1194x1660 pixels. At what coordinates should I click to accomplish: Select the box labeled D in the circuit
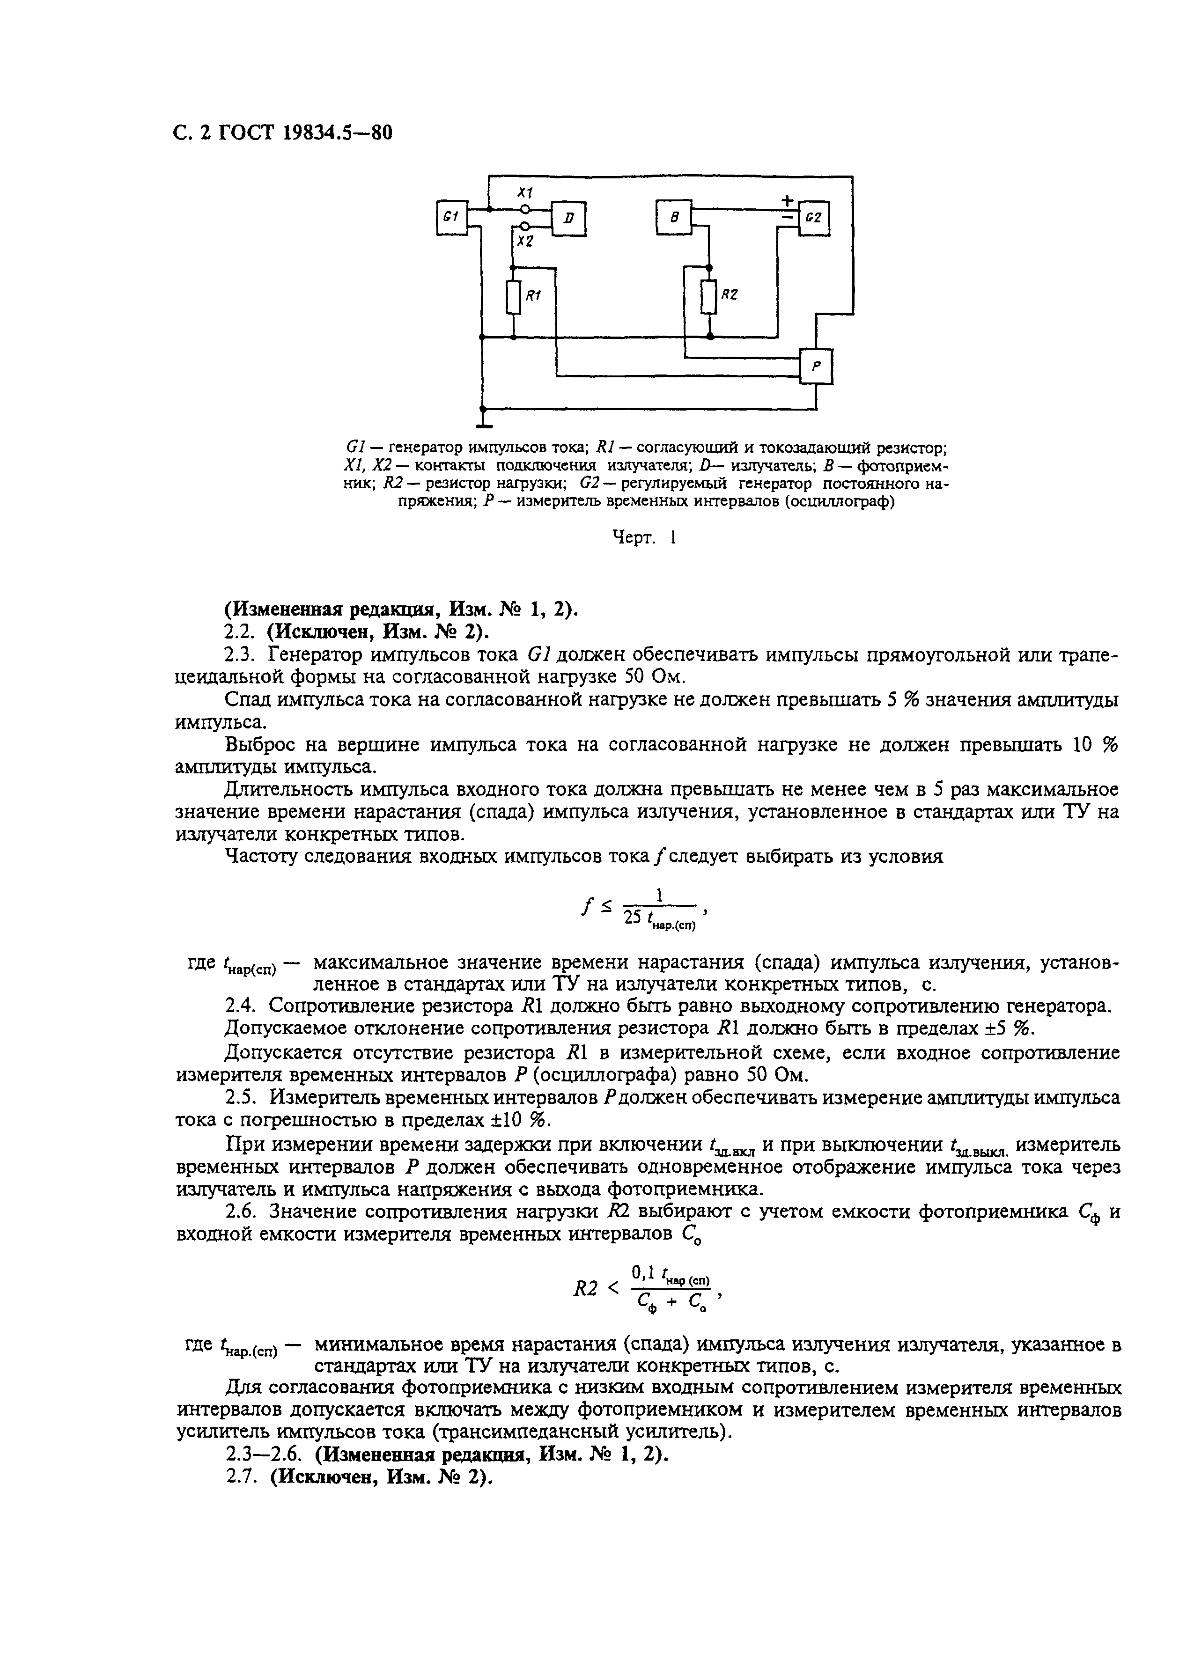569,218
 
